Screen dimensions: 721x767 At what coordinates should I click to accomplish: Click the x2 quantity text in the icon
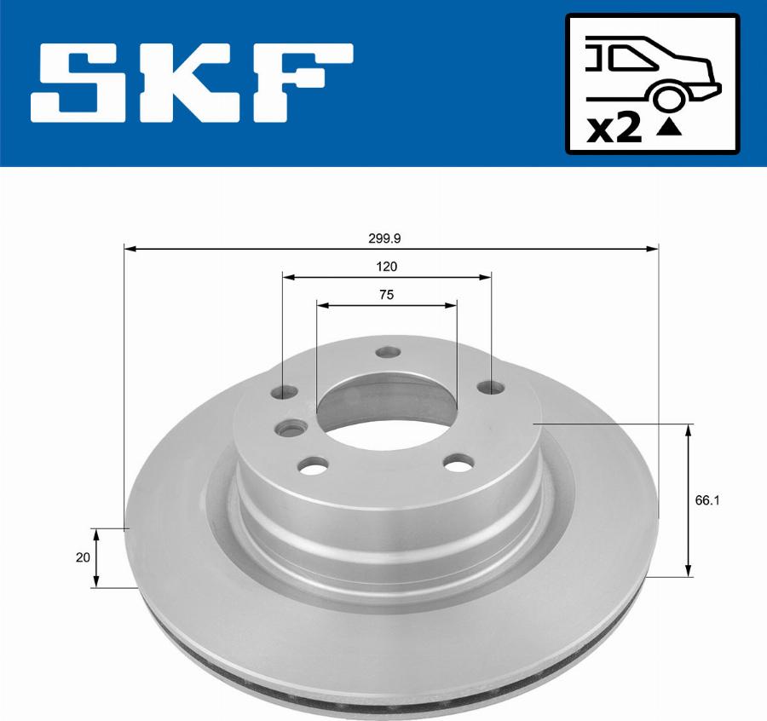[614, 129]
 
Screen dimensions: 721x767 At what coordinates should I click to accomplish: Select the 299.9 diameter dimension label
[386, 240]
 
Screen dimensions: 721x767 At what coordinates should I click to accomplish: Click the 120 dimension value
[386, 267]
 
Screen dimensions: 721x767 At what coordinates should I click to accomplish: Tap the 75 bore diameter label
[386, 295]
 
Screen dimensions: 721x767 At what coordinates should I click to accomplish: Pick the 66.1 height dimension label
[707, 501]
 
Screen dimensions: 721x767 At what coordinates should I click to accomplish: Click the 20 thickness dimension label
[83, 557]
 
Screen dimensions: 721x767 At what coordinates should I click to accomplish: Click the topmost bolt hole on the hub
[389, 352]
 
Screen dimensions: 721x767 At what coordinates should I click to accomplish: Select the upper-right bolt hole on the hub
[488, 388]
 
